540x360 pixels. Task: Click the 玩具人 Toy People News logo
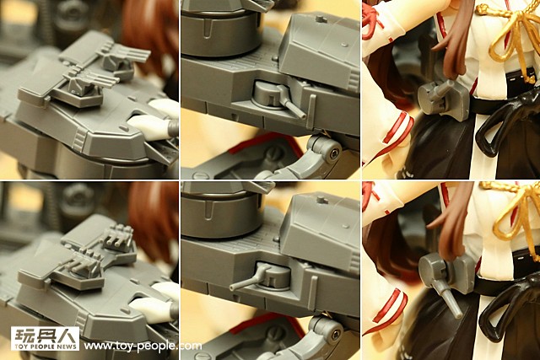click(45, 339)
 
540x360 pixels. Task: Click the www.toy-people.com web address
click(143, 346)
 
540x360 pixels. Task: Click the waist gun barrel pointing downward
click(447, 297)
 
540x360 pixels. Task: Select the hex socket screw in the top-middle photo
click(333, 153)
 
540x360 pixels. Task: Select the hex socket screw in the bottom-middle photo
click(334, 334)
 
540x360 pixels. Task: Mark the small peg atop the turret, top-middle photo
click(321, 19)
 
